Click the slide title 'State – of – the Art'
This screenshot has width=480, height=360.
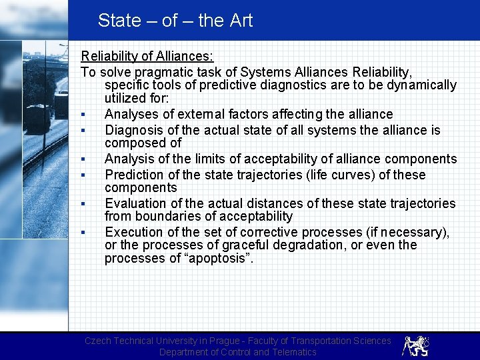175,21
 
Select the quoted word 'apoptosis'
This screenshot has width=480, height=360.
215,259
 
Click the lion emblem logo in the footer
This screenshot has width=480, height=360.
415,345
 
